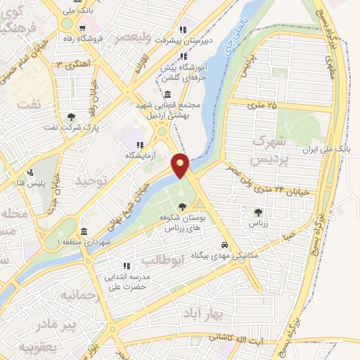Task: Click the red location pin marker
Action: pos(181,165)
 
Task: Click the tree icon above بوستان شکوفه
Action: pos(183,207)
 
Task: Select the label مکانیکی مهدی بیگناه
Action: pos(225,257)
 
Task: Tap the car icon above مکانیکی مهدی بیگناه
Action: pos(224,245)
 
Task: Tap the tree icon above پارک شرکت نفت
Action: pos(70,117)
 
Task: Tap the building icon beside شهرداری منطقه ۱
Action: pos(84,232)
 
